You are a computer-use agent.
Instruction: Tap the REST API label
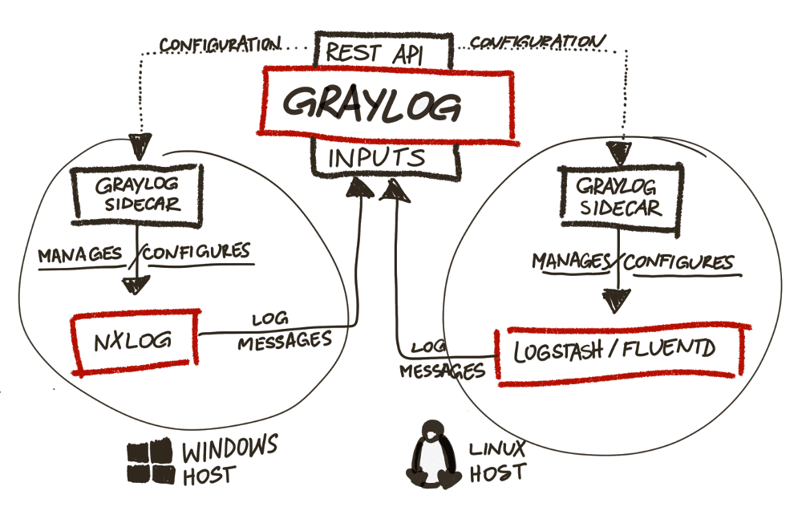click(385, 53)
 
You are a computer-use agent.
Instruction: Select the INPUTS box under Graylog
click(385, 158)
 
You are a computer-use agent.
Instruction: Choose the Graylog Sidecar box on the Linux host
click(620, 197)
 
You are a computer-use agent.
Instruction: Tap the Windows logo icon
click(151, 461)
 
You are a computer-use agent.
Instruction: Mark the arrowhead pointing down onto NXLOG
click(136, 286)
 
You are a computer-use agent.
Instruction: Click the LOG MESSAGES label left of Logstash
click(441, 360)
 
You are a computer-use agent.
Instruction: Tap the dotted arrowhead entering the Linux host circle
click(618, 152)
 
